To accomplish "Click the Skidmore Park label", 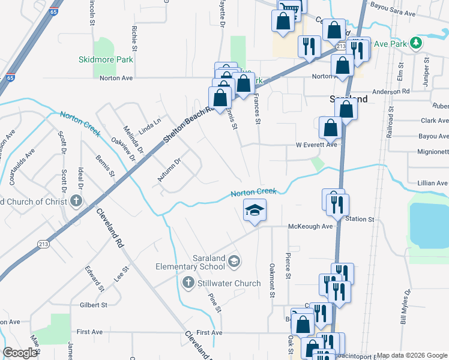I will [106, 59].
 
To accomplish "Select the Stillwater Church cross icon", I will [187, 283].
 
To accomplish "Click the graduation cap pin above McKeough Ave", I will [255, 211].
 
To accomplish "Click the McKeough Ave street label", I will [310, 226].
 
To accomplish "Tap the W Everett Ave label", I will [316, 145].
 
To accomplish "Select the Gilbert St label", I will [93, 305].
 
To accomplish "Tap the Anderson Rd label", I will [390, 91].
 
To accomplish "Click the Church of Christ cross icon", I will [76, 200].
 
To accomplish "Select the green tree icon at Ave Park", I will [415, 43].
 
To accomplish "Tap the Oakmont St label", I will [272, 280].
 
